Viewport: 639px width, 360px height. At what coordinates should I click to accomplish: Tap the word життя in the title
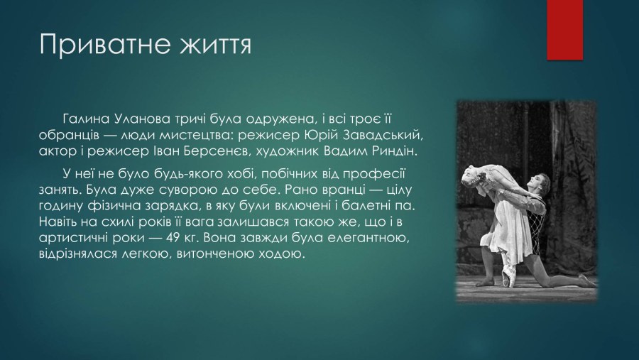click(215, 44)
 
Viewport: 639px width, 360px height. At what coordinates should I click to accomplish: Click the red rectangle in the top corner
click(564, 30)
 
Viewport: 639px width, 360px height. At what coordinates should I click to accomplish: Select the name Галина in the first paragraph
click(87, 119)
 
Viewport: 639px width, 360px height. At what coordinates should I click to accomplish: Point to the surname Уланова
click(142, 119)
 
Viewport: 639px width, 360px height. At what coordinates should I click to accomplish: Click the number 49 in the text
click(173, 238)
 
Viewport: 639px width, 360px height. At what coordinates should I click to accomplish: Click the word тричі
click(191, 119)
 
